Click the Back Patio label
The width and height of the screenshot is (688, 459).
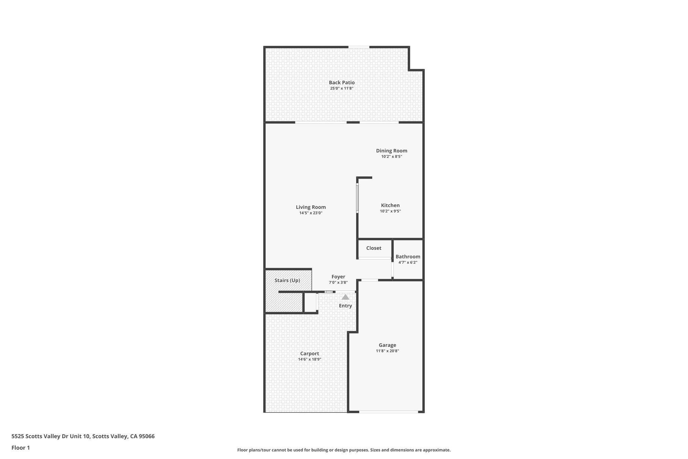(342, 82)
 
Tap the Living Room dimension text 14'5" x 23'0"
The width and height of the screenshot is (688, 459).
(311, 213)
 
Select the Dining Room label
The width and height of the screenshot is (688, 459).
(391, 151)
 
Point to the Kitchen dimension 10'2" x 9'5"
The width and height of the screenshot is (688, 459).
(390, 211)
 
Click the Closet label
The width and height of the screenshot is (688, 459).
(374, 248)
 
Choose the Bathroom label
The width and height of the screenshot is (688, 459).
(407, 257)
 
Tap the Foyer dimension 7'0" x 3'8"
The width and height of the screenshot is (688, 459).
(338, 282)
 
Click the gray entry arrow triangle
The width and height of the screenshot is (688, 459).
(345, 297)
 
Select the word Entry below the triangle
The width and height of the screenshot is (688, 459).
(345, 306)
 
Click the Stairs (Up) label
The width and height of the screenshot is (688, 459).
(287, 280)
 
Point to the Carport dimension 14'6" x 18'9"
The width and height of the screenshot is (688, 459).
(309, 359)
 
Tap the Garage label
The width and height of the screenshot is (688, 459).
(387, 345)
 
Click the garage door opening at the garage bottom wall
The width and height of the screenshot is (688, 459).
(388, 412)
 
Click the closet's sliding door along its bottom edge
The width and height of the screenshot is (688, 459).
(374, 258)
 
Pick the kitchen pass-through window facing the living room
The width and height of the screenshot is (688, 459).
(357, 198)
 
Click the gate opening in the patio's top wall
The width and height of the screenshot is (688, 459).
(359, 47)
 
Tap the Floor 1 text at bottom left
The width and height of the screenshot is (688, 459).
(20, 448)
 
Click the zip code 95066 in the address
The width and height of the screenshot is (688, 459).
(147, 436)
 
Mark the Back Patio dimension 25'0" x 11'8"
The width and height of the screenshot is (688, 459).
(342, 88)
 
